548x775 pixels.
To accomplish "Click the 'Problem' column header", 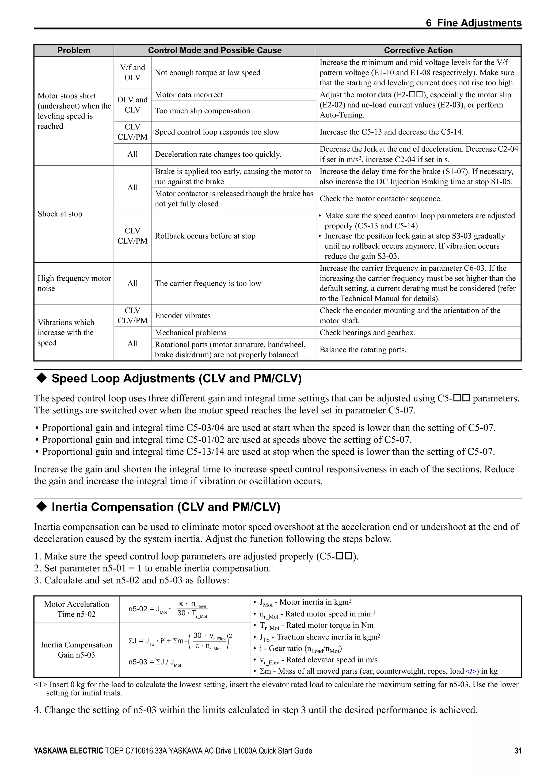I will click(74, 51).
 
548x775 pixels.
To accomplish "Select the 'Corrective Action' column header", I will click(418, 51).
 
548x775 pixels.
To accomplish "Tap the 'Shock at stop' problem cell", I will click(60, 214).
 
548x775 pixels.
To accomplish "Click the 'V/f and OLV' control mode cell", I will click(132, 72).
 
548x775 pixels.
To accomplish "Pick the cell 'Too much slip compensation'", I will click(202, 111).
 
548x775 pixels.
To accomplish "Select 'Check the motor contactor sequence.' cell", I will click(380, 199).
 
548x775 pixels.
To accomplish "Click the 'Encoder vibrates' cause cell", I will click(183, 316).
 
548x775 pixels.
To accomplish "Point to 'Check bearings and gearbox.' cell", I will click(367, 333).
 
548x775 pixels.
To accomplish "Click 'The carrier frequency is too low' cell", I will click(208, 283).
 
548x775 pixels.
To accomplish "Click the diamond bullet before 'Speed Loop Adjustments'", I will click(41, 378).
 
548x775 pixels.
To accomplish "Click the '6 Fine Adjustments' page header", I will click(473, 23).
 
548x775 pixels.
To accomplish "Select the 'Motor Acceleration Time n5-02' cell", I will click(76, 609).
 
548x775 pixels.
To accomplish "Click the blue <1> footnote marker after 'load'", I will click(472, 672).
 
